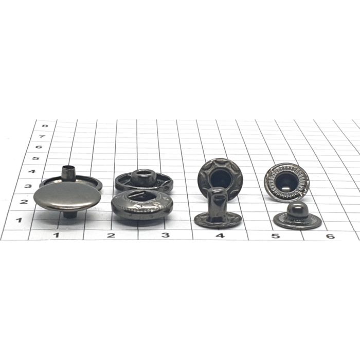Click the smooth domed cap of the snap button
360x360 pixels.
click(67, 196)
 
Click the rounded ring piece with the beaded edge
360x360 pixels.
click(141, 205)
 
